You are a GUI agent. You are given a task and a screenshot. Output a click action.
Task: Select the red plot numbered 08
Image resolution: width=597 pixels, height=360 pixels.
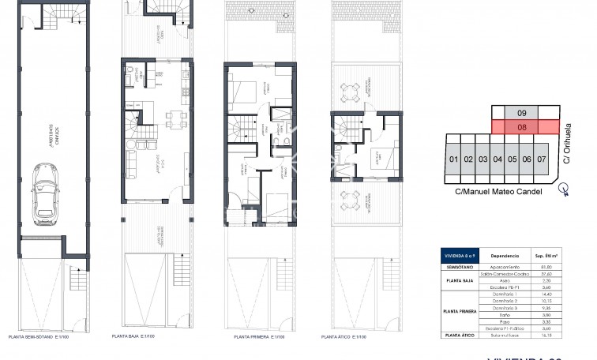pos(522,126)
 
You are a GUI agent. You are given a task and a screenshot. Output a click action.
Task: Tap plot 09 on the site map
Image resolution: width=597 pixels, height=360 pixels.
pos(522,112)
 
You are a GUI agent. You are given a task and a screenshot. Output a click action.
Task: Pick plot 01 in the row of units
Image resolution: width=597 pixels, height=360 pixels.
pos(453,159)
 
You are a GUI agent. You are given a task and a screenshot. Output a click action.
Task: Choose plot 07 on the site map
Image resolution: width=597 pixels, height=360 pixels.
pos(542,159)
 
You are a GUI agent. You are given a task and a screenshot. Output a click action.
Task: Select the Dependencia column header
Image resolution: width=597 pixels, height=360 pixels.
pos(504,256)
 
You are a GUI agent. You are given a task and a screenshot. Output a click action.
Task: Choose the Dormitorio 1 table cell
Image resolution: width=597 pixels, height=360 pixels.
pos(504,293)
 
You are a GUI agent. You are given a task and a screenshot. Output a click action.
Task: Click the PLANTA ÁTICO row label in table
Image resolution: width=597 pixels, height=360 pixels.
pos(460,336)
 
